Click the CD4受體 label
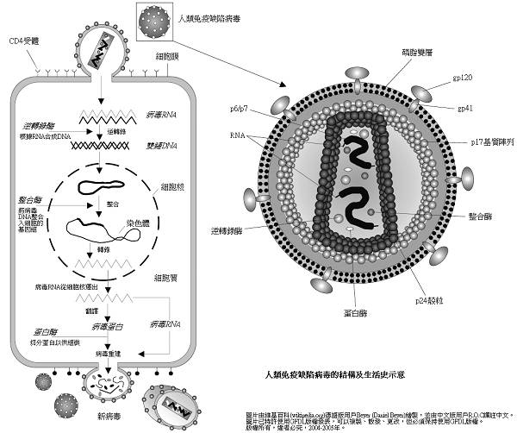point(23,41)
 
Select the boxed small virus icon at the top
point(154,18)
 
